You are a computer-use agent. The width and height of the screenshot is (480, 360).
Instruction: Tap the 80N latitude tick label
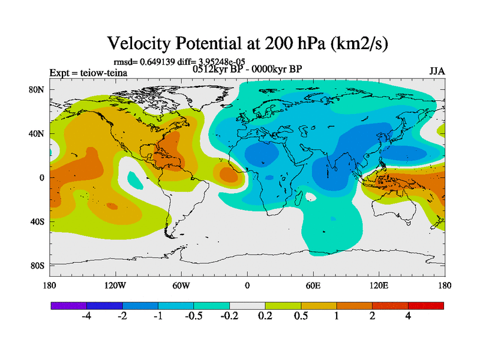pyautogui.click(x=38, y=89)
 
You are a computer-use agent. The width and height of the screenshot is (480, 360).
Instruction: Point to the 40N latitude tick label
pyautogui.click(x=38, y=133)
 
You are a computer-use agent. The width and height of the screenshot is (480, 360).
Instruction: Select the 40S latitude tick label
pyautogui.click(x=38, y=221)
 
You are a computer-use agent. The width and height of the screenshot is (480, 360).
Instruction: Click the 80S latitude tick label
pyautogui.click(x=38, y=265)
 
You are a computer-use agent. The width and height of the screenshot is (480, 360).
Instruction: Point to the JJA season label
pyautogui.click(x=437, y=71)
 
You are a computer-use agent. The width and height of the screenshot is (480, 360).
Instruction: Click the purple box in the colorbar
pyautogui.click(x=68, y=305)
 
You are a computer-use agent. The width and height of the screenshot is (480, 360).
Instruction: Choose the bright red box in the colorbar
pyautogui.click(x=426, y=305)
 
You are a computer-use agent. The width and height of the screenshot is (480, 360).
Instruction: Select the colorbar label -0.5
pyautogui.click(x=194, y=316)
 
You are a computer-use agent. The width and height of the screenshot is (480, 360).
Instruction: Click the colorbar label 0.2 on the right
pyautogui.click(x=265, y=316)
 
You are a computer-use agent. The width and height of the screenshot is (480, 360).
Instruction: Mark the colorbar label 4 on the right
pyautogui.click(x=408, y=316)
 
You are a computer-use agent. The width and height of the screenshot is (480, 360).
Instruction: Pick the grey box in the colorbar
pyautogui.click(x=247, y=305)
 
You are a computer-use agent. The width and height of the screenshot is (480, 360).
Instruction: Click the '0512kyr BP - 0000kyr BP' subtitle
pyautogui.click(x=247, y=68)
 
